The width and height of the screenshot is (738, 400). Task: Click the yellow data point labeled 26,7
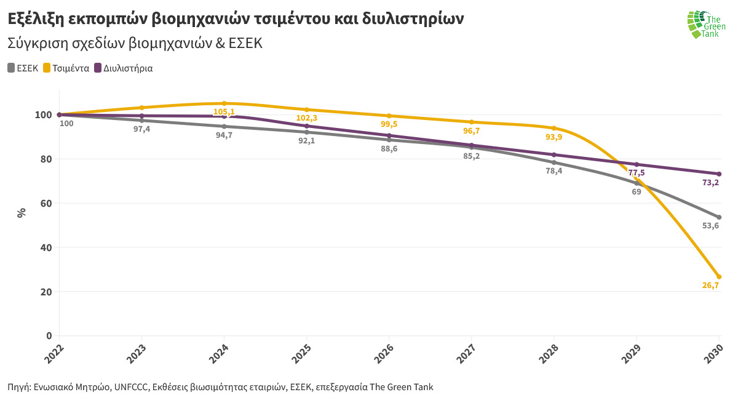718,276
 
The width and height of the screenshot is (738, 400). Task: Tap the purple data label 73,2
710,182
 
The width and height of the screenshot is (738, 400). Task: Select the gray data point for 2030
718,217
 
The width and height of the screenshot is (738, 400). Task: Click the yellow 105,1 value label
224,112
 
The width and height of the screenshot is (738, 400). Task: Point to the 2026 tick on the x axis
389,352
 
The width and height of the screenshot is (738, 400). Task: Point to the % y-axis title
22,213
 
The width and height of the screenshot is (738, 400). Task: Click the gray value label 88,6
389,149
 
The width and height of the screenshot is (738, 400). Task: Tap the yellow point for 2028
553,128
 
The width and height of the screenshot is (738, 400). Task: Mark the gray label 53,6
710,226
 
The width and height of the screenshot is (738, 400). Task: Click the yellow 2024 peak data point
224,103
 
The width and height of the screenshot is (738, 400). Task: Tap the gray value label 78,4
553,171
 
